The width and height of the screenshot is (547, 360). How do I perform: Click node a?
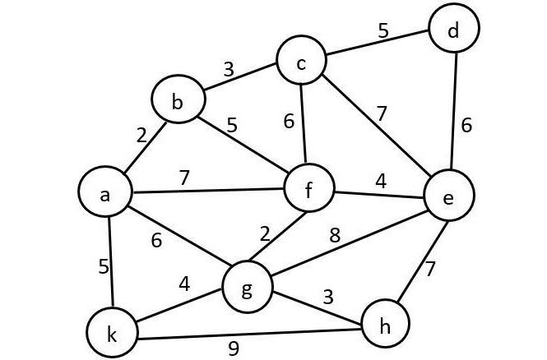tap(104, 194)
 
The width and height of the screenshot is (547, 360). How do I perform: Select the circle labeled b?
tap(176, 102)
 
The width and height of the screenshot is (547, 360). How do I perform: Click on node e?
tap(448, 197)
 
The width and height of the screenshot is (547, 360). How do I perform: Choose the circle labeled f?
tap(308, 191)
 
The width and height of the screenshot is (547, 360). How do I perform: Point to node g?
tap(248, 288)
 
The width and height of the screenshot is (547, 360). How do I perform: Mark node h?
tap(384, 325)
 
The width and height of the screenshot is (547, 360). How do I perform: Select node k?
tap(112, 333)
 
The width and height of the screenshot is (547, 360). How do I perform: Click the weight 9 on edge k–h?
tap(234, 348)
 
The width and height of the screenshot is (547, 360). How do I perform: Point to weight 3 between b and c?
tap(229, 70)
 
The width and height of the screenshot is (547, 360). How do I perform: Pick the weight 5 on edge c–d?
tap(382, 31)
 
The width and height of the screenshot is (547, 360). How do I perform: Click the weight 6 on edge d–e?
tap(466, 125)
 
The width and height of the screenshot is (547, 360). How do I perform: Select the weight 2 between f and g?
tap(265, 233)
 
